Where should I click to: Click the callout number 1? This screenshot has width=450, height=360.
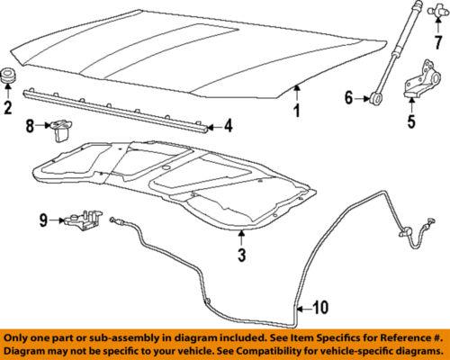point(294,112)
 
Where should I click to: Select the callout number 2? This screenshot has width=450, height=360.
point(8,110)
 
